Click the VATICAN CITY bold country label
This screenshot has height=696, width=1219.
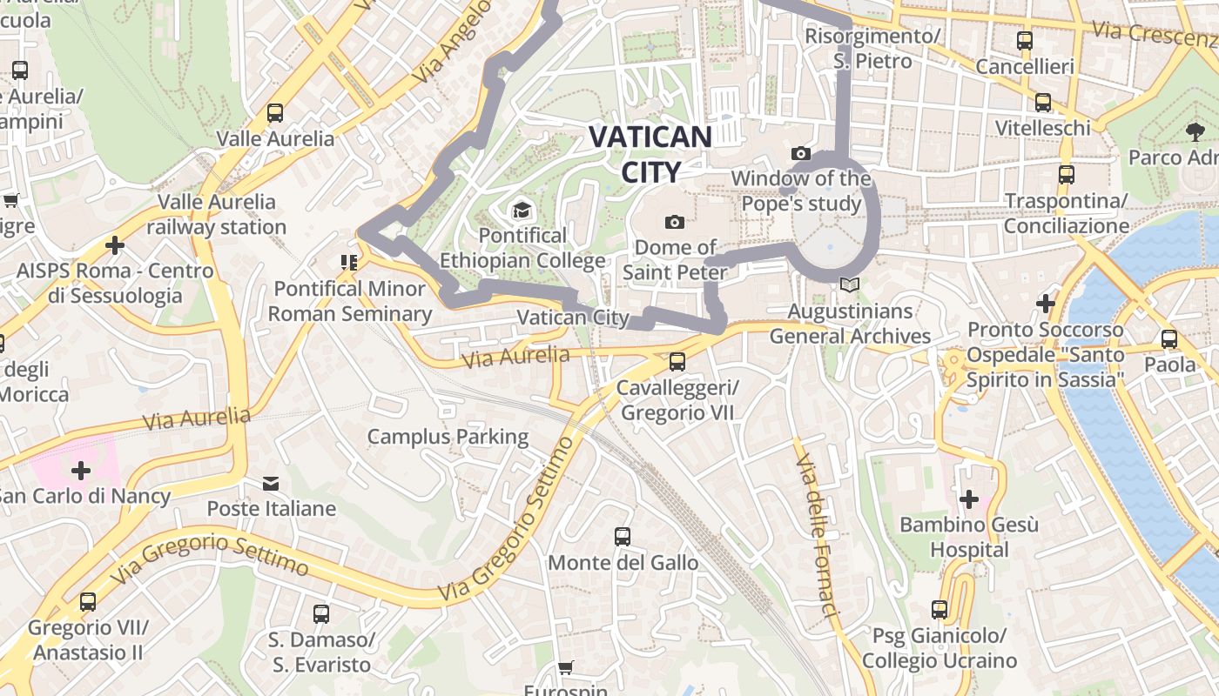tap(650, 153)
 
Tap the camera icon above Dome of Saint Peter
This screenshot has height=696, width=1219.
tap(674, 223)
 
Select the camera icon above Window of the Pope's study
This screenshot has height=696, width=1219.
tap(800, 154)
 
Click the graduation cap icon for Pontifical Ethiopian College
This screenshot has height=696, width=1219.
tap(522, 210)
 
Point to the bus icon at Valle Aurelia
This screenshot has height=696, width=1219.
tap(275, 113)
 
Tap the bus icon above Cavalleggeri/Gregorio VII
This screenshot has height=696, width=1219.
tap(677, 361)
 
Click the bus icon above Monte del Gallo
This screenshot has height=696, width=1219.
tap(622, 537)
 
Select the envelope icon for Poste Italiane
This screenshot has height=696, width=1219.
tap(271, 483)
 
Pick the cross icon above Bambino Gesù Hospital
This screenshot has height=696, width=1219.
tap(968, 499)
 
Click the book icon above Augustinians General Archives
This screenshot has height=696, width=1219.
tap(850, 285)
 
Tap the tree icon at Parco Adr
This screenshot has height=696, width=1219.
tap(1195, 132)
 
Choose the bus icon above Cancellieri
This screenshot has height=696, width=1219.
tap(1025, 41)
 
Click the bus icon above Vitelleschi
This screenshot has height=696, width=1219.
tap(1042, 103)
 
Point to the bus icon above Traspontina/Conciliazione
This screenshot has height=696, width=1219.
tap(1066, 175)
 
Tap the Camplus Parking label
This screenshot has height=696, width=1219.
tap(448, 437)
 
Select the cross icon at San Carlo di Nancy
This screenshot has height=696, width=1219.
tap(81, 471)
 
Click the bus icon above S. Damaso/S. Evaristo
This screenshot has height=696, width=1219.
tap(320, 614)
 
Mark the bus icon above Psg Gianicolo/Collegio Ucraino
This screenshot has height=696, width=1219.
tap(939, 610)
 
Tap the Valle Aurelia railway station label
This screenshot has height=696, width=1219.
tap(216, 214)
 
